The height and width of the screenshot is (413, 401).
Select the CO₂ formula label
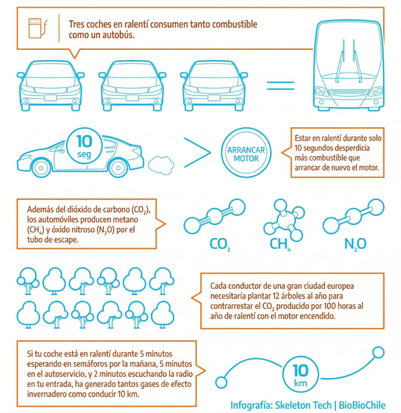point(220,245)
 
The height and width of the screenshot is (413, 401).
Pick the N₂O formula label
point(355,245)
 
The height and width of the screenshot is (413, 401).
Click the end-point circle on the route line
point(378,352)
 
